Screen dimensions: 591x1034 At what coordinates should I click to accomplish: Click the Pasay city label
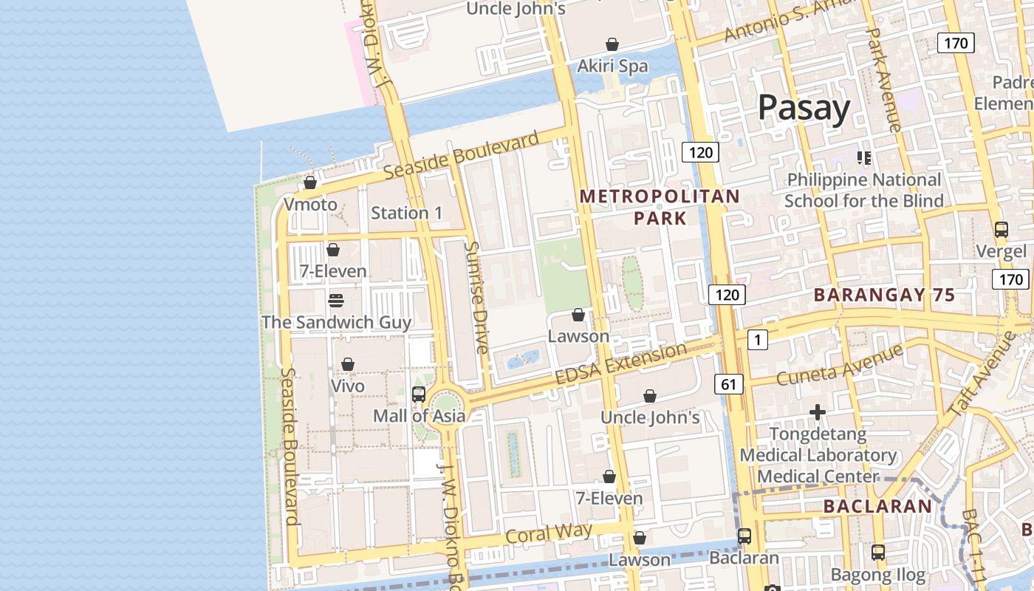804,108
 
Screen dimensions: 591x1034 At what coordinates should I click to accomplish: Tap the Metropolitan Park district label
660,207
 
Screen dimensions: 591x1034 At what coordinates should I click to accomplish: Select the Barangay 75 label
884,295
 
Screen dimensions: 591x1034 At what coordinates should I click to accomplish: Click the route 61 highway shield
729,383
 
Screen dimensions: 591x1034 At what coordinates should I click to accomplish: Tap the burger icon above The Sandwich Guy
335,300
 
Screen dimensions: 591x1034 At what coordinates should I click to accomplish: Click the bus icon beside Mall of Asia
418,394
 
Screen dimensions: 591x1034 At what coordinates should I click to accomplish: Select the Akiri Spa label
612,66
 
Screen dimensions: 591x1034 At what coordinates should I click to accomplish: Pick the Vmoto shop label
310,205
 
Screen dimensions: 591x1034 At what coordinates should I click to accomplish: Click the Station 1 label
406,213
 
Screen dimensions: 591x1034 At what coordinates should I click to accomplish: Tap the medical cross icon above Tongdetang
817,412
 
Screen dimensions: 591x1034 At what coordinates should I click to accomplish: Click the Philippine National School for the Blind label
863,190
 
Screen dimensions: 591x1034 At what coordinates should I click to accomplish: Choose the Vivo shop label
347,386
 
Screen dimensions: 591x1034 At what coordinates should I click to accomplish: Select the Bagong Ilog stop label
877,574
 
